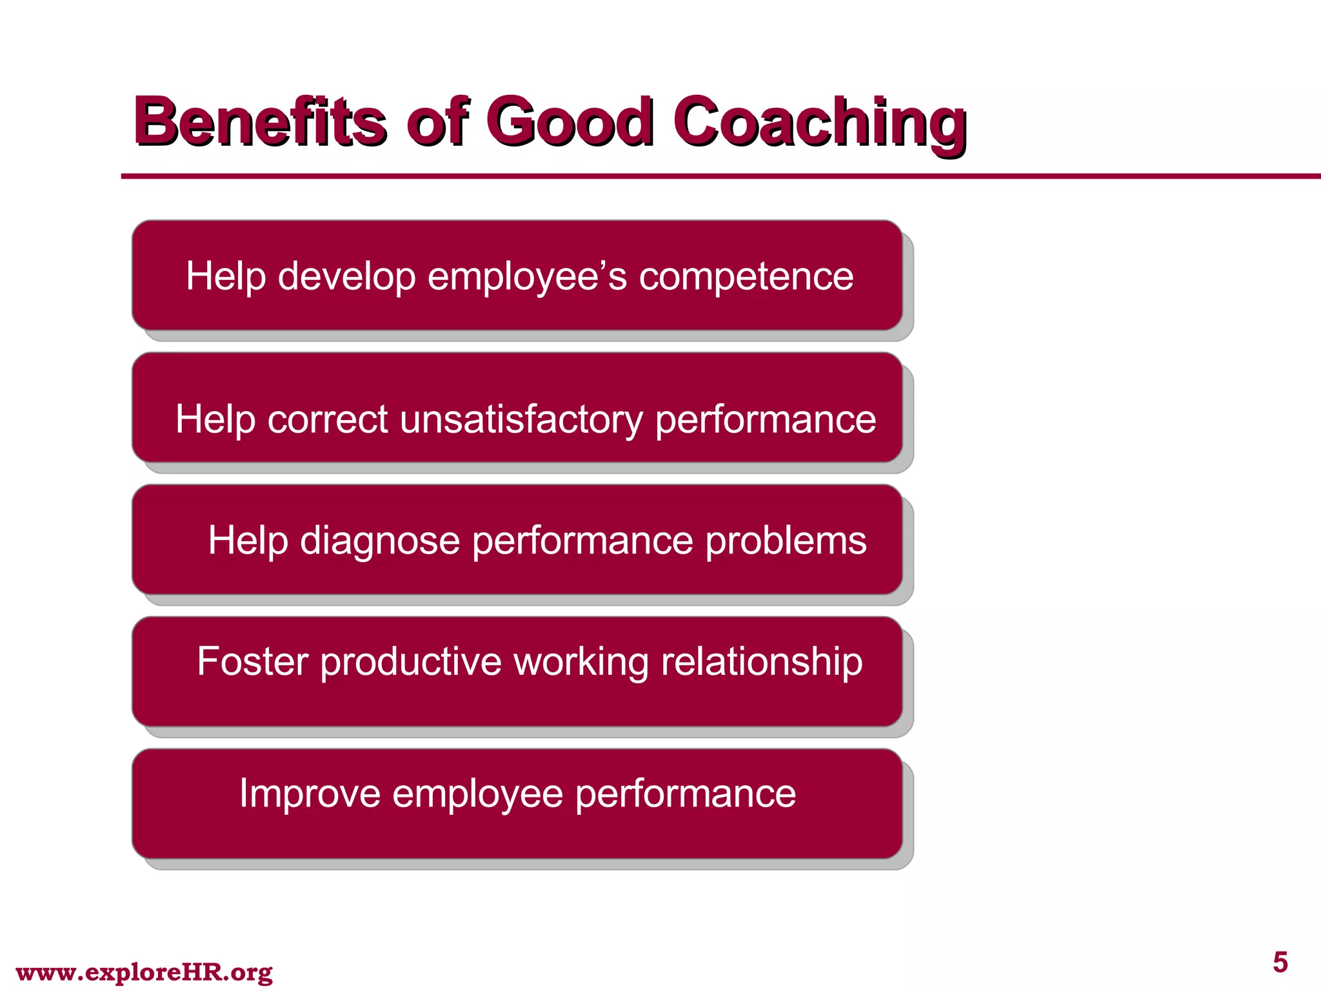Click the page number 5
point(1280,963)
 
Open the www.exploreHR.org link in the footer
point(144,972)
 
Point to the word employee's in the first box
point(527,277)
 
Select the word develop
point(346,277)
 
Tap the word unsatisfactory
point(521,420)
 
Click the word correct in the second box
point(327,420)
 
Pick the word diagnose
point(380,541)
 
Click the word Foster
point(252,661)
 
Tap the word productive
point(410,661)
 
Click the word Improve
point(310,794)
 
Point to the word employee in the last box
point(477,794)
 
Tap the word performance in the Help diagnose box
point(582,541)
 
